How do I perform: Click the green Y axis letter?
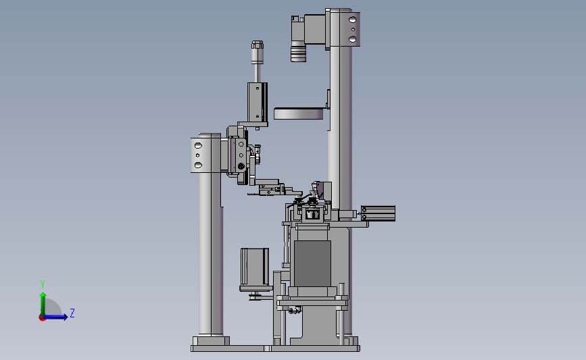click(x=42, y=284)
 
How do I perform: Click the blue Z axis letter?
click(x=72, y=313)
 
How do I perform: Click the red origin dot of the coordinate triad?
click(x=42, y=317)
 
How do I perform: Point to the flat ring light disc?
click(x=298, y=113)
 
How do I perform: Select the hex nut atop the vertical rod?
click(x=257, y=46)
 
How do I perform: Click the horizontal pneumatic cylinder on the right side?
click(x=378, y=213)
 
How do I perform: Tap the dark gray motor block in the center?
click(x=312, y=262)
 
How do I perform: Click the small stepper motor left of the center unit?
click(x=255, y=268)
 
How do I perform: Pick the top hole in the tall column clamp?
click(x=351, y=20)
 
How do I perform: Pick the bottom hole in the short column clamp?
click(x=197, y=164)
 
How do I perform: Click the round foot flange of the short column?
click(x=210, y=339)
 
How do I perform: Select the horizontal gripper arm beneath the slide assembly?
click(x=270, y=192)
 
